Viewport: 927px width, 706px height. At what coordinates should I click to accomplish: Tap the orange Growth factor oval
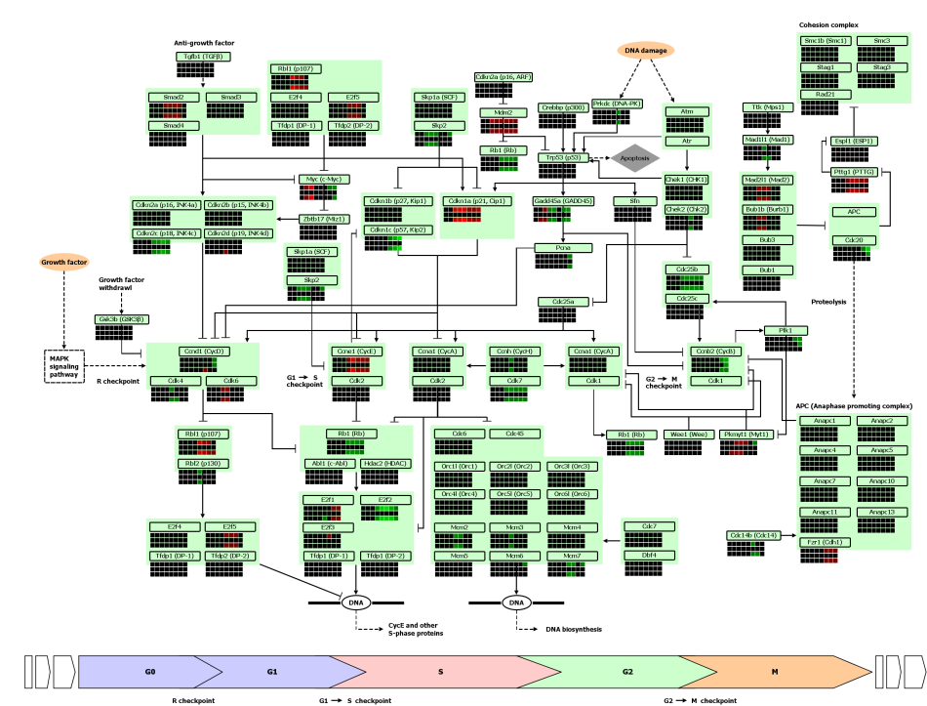pos(63,262)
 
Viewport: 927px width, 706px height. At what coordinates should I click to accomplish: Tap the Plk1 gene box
pos(786,331)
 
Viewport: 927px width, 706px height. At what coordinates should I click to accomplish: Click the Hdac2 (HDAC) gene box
pos(383,464)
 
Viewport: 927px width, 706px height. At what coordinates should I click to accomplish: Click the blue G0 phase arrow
pos(151,672)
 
